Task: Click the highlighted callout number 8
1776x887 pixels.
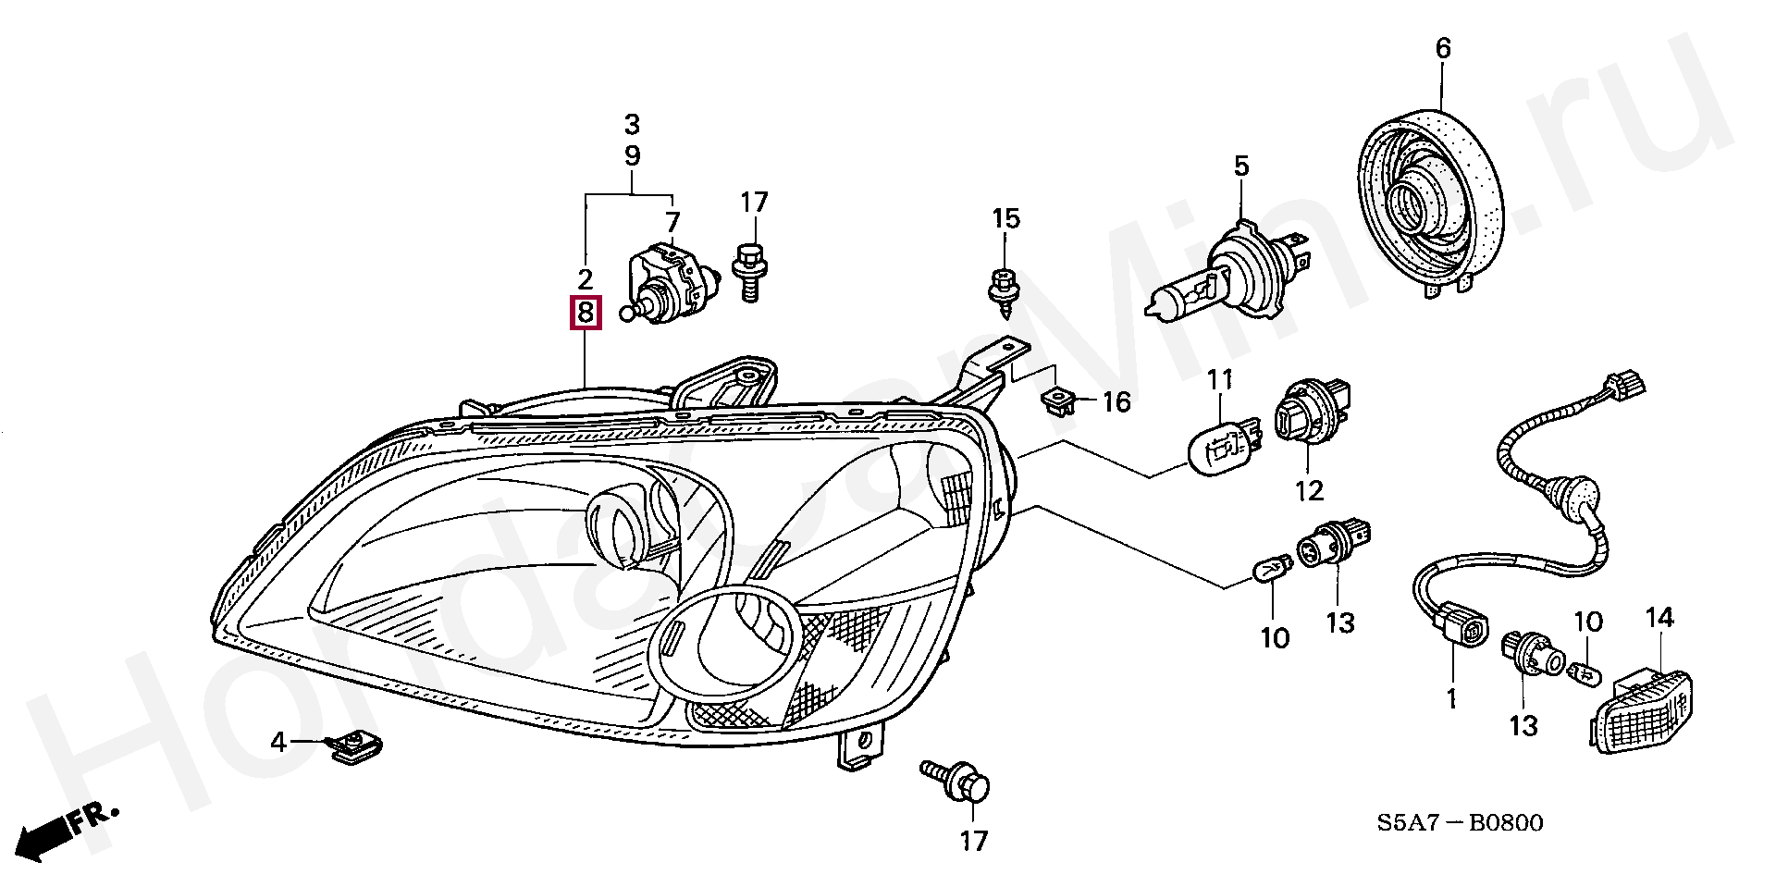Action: pyautogui.click(x=585, y=314)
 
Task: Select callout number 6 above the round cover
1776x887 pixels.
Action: pyautogui.click(x=1443, y=48)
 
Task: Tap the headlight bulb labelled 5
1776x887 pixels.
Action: pyautogui.click(x=1221, y=273)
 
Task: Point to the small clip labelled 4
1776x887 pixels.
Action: pyautogui.click(x=354, y=747)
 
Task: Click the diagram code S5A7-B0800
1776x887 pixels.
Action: pyautogui.click(x=1460, y=821)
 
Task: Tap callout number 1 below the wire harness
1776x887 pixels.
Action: pyautogui.click(x=1451, y=698)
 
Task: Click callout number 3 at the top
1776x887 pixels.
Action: pyautogui.click(x=632, y=124)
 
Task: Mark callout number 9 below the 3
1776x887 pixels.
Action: pyautogui.click(x=632, y=155)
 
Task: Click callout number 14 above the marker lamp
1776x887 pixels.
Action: pyautogui.click(x=1659, y=617)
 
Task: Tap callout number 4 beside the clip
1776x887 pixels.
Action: pyautogui.click(x=278, y=742)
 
